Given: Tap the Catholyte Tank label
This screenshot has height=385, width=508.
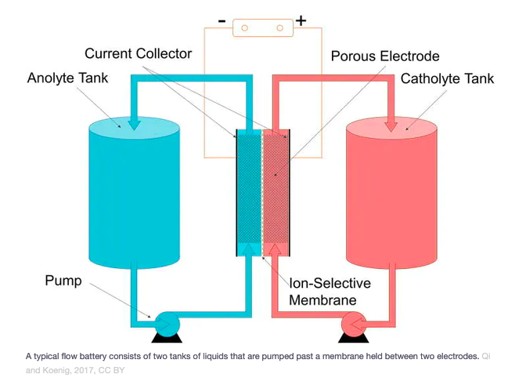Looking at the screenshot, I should point(447,78).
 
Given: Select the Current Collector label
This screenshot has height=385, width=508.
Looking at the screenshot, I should point(138,53).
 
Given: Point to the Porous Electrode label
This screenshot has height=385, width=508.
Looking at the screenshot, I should point(384,56).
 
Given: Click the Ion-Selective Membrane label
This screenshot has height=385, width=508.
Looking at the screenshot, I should point(330,291).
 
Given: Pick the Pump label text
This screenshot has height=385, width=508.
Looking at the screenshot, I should point(63,280).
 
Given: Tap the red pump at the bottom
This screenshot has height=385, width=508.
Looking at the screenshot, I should point(354,322).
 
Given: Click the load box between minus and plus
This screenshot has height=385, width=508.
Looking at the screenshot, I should point(262,27).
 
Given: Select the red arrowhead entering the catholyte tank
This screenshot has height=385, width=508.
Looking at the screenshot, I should point(391,122).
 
